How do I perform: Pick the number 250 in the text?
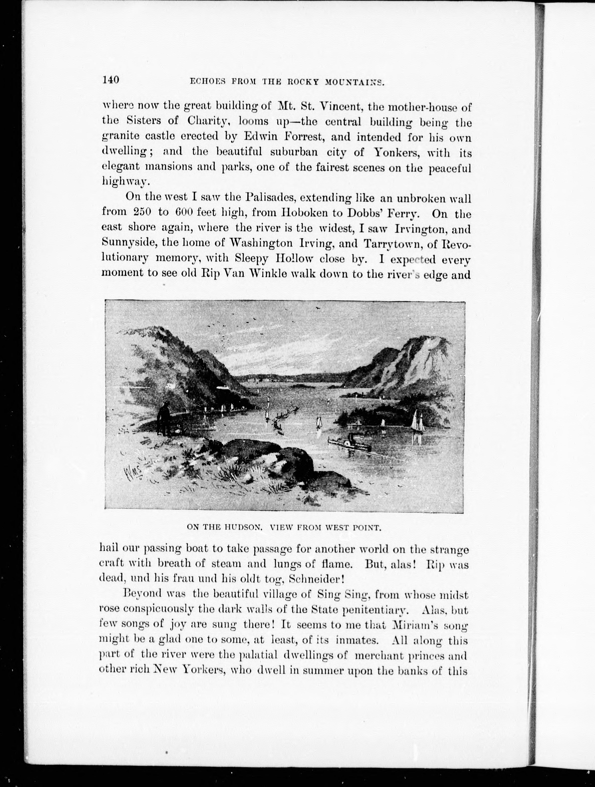[x=142, y=212]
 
